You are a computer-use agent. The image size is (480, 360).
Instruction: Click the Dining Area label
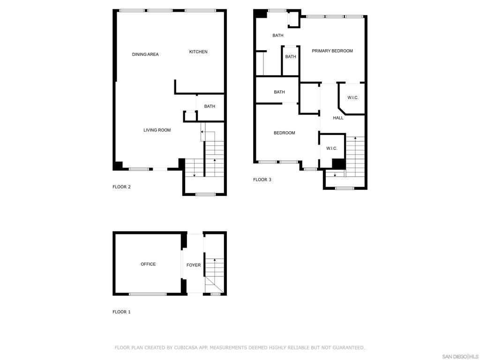pos(145,54)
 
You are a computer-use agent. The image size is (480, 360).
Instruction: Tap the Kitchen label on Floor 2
pos(198,52)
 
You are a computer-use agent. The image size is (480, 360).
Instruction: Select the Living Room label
pos(157,130)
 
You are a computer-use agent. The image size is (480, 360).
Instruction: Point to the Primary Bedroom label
pos(332,51)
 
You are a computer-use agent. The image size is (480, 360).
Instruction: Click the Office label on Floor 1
pos(148,264)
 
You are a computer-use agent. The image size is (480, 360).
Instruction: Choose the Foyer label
pos(194,265)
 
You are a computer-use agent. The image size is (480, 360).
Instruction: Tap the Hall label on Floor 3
pos(338,118)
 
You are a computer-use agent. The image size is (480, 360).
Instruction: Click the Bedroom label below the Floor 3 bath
pos(285,133)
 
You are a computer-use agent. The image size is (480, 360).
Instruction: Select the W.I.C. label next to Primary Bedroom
pos(353,97)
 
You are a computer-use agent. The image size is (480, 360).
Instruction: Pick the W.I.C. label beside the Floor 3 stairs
pos(332,149)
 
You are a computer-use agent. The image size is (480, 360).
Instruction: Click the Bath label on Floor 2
pos(210,106)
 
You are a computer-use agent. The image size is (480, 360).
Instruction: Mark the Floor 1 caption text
pos(121,312)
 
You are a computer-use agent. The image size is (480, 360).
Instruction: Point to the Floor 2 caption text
pos(121,187)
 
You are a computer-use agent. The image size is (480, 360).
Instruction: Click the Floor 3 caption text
pos(262,180)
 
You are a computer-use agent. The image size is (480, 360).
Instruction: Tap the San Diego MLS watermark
pos(460,357)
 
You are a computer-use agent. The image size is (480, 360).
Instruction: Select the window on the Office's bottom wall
pos(148,294)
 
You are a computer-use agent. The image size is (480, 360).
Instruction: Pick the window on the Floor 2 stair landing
pos(205,194)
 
